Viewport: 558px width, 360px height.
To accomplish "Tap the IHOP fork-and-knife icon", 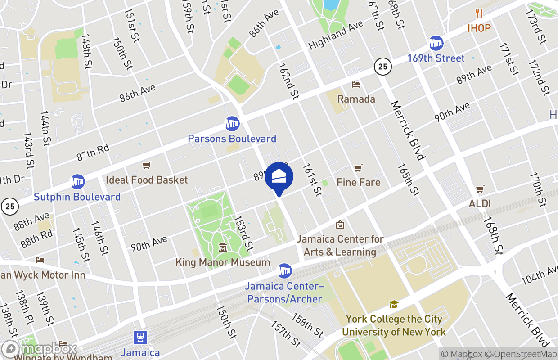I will tap(479, 14).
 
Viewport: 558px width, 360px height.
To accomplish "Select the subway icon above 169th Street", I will tap(436, 44).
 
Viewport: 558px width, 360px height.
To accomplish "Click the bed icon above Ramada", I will tap(356, 85).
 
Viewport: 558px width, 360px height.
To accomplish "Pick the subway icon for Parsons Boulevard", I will tap(232, 124).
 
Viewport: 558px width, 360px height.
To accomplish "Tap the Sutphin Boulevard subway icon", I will tap(77, 182).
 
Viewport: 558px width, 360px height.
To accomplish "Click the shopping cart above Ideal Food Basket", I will tap(146, 166).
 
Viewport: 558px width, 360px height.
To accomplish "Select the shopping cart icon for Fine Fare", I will tap(358, 168).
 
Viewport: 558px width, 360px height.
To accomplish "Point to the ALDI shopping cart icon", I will tap(480, 189).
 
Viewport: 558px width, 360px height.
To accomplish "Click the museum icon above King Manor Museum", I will tap(223, 247).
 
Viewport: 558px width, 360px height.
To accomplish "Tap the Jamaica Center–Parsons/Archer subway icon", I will tap(284, 271).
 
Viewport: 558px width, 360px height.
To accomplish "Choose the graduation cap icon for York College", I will tap(394, 305).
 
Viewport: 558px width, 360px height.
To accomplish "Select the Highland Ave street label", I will tap(336, 35).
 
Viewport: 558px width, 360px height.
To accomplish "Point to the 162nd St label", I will tap(289, 81).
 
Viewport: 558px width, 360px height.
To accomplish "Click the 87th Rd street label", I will tap(93, 152).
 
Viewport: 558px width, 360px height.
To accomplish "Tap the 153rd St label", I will tap(243, 234).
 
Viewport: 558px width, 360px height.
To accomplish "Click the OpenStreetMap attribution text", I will tap(524, 354).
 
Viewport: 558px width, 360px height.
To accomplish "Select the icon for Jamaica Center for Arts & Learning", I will tap(340, 224).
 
